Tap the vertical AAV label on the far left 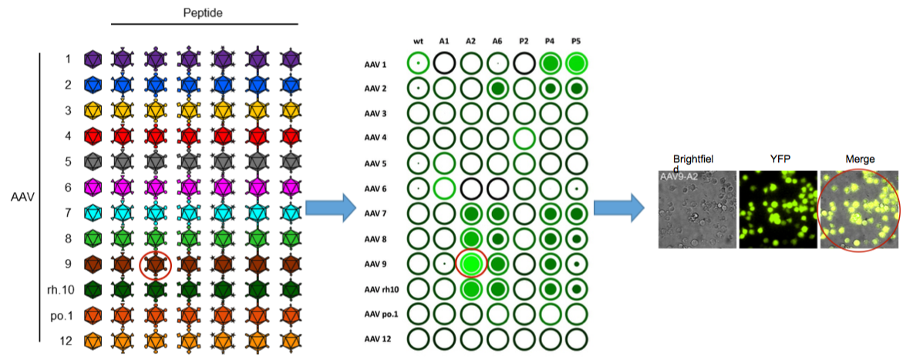point(22,197)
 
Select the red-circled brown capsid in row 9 point(157,264)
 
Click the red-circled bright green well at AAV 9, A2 point(470,264)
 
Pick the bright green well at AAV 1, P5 point(575,63)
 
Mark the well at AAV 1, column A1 point(444,63)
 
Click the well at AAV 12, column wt point(418,338)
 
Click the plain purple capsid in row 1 point(93,59)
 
